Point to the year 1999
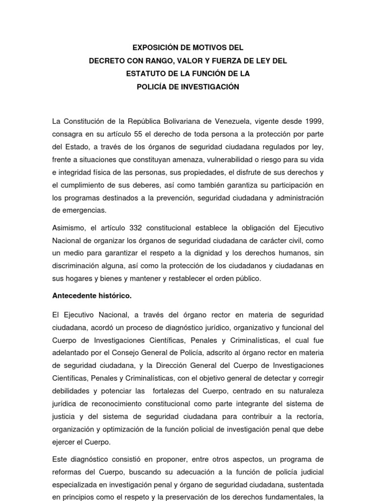tap(313, 121)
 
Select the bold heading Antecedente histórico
tap(92, 296)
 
